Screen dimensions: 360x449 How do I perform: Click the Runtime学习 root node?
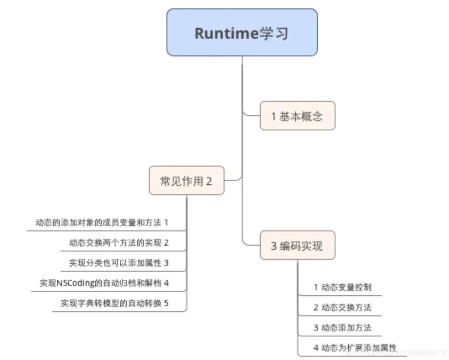[x=242, y=33]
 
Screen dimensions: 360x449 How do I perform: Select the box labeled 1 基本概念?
[x=297, y=116]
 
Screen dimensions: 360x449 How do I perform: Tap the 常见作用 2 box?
[x=186, y=181]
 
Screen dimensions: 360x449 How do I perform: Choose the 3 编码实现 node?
[x=297, y=245]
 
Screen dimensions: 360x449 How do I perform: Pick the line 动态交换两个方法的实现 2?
[x=119, y=243]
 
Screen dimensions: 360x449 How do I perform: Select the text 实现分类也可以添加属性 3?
[x=119, y=263]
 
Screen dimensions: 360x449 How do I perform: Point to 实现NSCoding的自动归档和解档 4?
[x=104, y=283]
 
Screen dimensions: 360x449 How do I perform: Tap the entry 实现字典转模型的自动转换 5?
[x=114, y=303]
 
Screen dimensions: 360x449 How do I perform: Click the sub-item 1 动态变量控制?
[x=342, y=288]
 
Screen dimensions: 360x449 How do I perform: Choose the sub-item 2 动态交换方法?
[x=342, y=308]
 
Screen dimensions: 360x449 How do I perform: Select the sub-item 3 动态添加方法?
[x=342, y=328]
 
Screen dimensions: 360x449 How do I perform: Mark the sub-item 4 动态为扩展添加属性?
[x=354, y=348]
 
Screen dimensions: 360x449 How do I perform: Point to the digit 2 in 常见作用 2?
[x=209, y=181]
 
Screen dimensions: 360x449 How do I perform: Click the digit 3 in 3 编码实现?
[x=274, y=246]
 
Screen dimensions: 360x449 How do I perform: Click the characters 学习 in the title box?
[x=273, y=33]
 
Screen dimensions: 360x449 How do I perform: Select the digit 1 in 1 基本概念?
[x=274, y=116]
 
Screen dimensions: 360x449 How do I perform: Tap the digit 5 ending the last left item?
[x=166, y=303]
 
